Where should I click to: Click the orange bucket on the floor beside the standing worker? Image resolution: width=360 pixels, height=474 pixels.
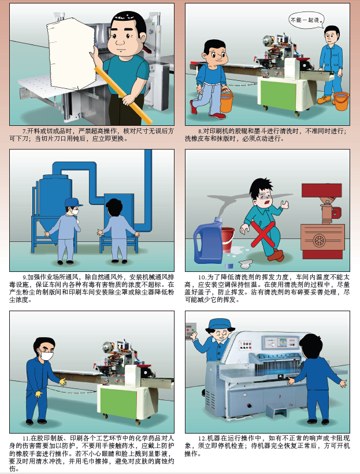coord(340,101)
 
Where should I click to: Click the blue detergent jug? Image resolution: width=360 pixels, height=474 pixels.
coord(208,241)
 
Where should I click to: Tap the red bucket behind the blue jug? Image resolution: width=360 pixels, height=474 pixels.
coord(228,240)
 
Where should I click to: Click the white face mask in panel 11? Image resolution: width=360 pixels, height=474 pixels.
coord(46,355)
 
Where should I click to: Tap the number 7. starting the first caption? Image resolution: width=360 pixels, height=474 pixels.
coord(25,132)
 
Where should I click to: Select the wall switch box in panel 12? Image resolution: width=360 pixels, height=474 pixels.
coord(191,331)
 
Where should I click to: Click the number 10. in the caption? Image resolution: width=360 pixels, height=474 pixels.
coord(202,277)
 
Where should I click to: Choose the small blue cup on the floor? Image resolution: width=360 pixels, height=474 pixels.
coord(229,266)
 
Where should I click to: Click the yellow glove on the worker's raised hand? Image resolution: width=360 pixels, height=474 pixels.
coord(62,382)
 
